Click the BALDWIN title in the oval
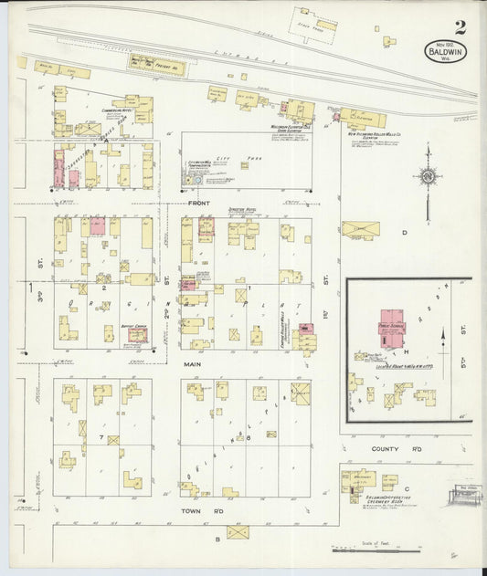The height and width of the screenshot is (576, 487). [442, 53]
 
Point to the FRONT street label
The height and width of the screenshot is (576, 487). [199, 203]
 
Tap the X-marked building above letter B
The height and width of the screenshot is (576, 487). [238, 530]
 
